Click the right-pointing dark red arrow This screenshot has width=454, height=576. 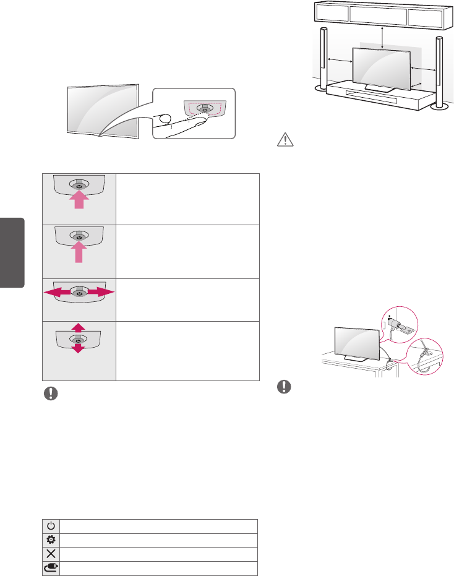(105, 291)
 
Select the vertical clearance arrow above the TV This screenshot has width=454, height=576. (383, 37)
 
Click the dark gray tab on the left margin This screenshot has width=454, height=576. (12, 252)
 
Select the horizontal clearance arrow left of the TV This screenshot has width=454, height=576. (339, 60)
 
